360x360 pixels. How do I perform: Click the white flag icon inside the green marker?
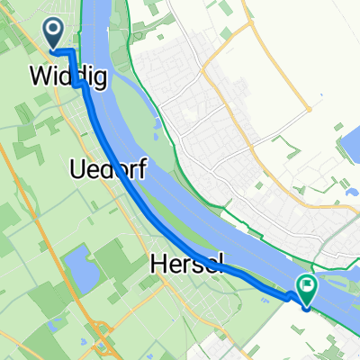tap(308, 286)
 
